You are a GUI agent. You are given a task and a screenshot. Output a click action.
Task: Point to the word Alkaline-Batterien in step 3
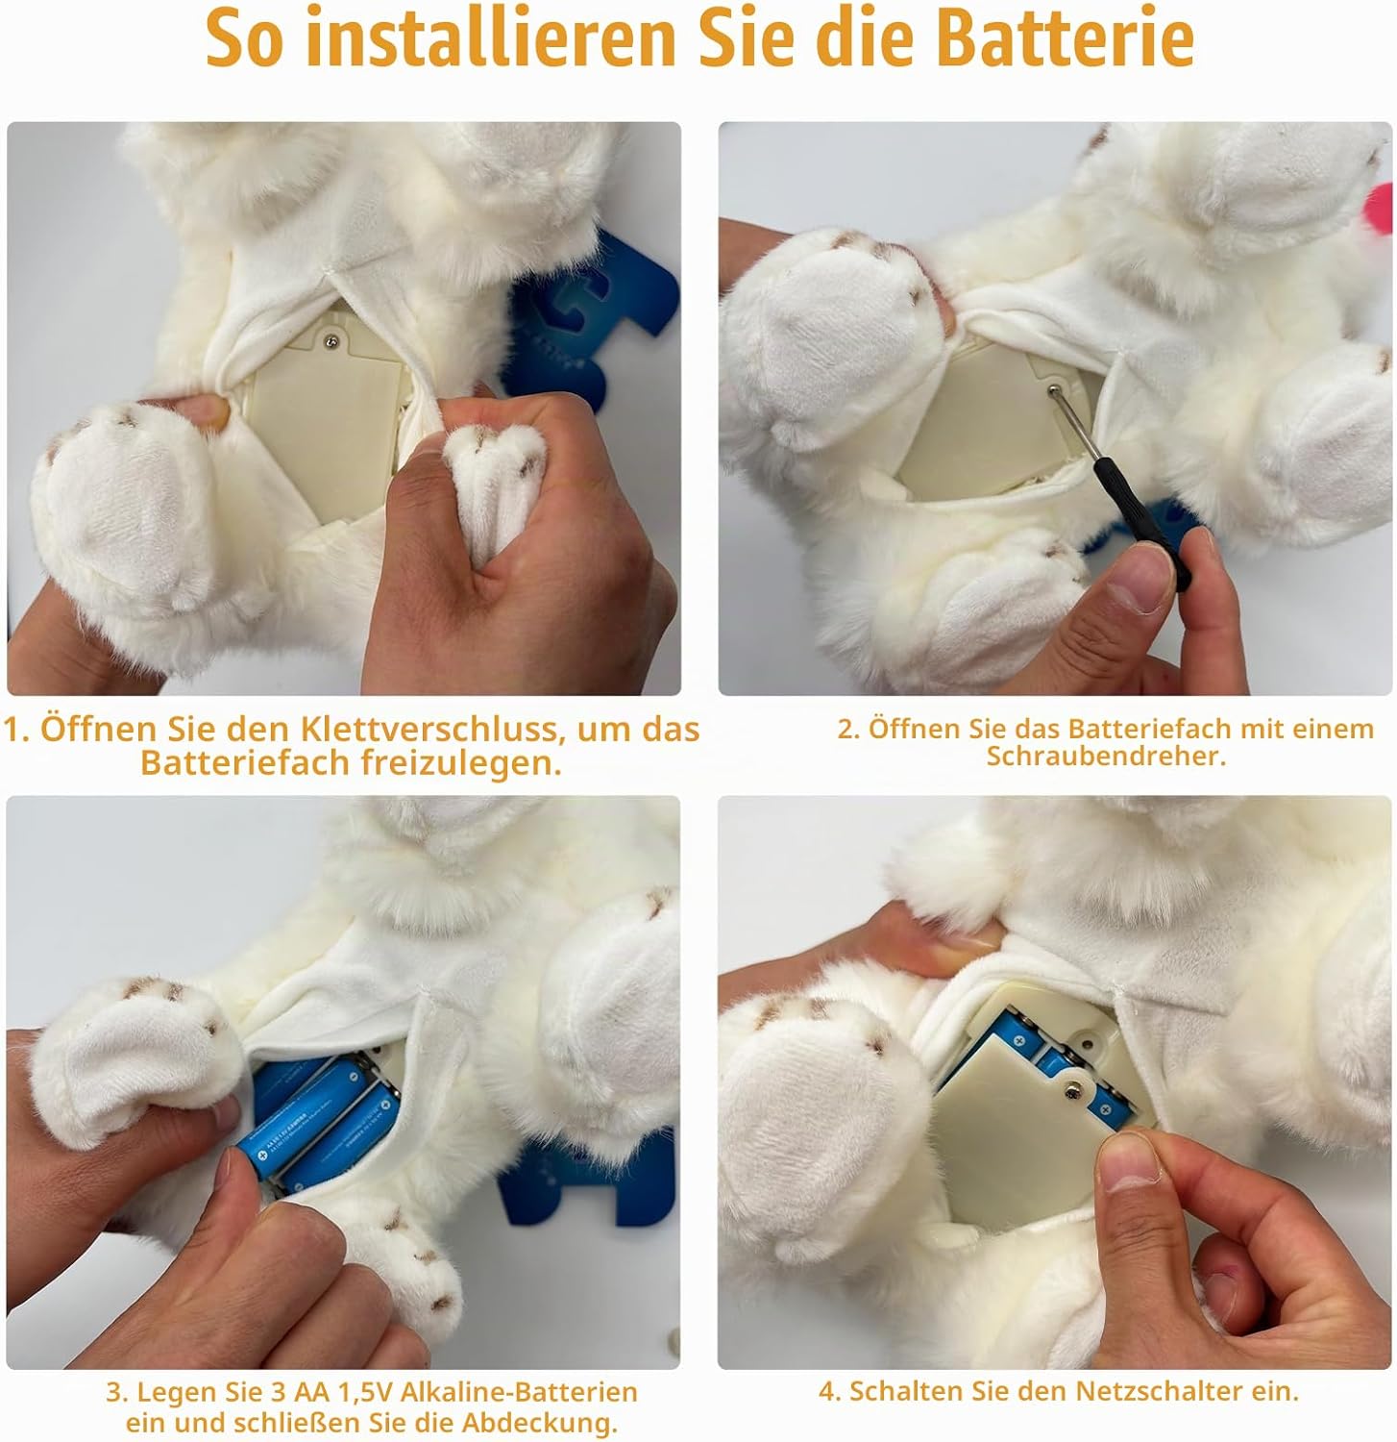[x=519, y=1392]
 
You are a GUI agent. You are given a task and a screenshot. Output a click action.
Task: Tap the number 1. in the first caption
[x=16, y=730]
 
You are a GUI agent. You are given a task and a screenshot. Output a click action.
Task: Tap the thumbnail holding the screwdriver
[x=1137, y=580]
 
